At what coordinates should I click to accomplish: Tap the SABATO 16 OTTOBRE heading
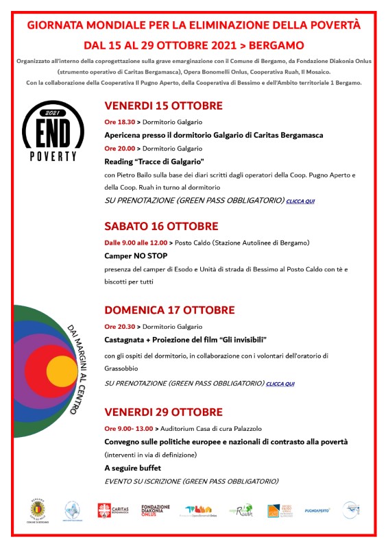pyautogui.click(x=161, y=226)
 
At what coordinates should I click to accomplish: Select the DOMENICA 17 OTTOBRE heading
pyautogui.click(x=169, y=310)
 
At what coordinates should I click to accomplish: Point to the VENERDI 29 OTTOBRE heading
pyautogui.click(x=163, y=412)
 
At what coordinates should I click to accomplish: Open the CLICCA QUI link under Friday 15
pyautogui.click(x=301, y=201)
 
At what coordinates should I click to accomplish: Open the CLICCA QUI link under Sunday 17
pyautogui.click(x=280, y=384)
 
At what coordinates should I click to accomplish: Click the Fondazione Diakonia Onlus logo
pyautogui.click(x=155, y=511)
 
